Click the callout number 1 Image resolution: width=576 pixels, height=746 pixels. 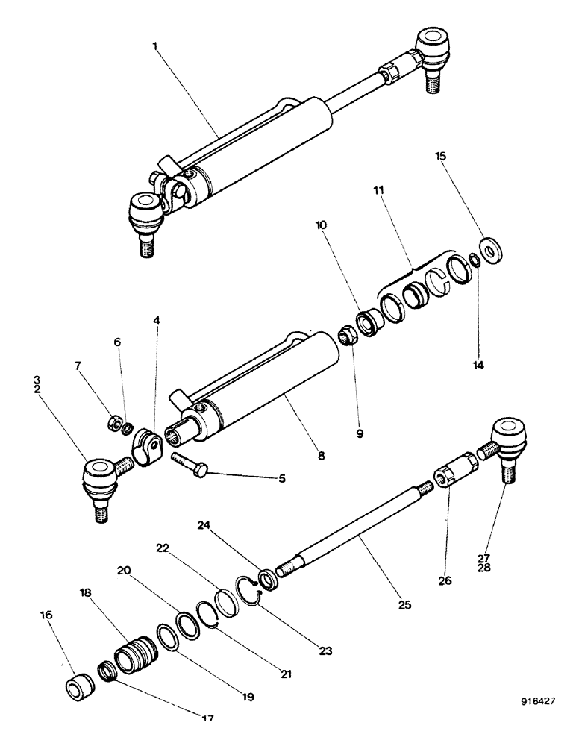point(154,46)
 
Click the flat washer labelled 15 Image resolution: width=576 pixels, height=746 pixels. point(491,248)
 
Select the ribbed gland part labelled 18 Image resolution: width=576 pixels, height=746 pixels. point(135,654)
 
